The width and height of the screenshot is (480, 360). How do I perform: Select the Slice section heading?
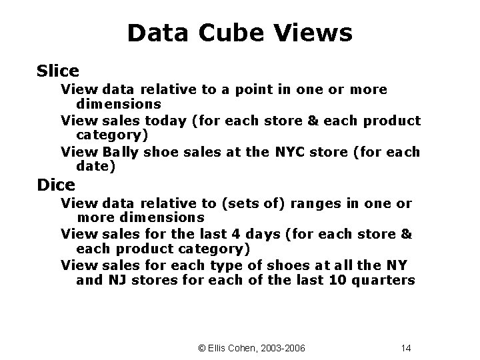pos(58,70)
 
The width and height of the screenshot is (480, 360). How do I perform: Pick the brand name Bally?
pos(120,152)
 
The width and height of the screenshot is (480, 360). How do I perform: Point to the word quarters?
pos(388,280)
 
